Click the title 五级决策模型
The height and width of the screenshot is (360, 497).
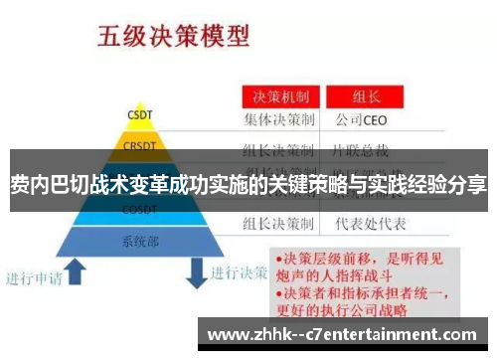pos(171,38)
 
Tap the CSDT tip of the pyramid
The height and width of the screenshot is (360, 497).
pos(138,114)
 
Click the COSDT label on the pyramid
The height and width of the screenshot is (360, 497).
pos(138,210)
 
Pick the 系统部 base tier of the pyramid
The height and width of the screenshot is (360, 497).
pos(138,241)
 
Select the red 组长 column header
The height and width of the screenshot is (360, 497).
pos(367,97)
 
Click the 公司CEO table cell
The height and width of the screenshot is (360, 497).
pos(367,121)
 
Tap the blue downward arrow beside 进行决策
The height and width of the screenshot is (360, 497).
pos(195,270)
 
